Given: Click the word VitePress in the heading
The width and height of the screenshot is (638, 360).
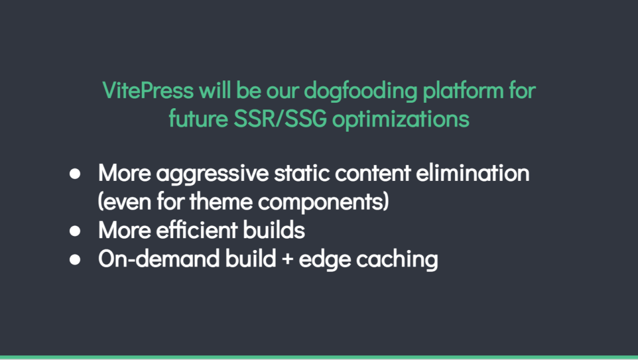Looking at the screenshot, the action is click(x=148, y=90).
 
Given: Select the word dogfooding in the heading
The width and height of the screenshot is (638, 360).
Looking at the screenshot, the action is click(x=360, y=91).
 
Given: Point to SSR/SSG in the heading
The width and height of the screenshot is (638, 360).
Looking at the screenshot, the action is click(x=280, y=119).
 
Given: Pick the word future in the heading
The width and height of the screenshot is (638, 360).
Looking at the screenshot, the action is click(x=198, y=119).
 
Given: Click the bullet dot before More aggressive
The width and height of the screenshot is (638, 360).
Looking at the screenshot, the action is click(x=75, y=174).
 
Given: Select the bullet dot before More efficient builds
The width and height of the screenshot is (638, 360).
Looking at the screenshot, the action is click(x=75, y=231).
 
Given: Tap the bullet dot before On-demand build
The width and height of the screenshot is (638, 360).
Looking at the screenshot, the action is click(x=75, y=260).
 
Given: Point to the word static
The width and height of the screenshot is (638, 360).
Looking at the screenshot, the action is click(x=301, y=173).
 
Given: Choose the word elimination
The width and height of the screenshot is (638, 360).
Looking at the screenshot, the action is click(x=473, y=173).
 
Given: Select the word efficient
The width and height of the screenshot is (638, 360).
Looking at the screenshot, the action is click(x=197, y=230).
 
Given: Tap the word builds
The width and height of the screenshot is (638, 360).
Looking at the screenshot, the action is click(x=274, y=230).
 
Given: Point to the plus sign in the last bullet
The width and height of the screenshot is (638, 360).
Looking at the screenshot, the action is click(x=287, y=260).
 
